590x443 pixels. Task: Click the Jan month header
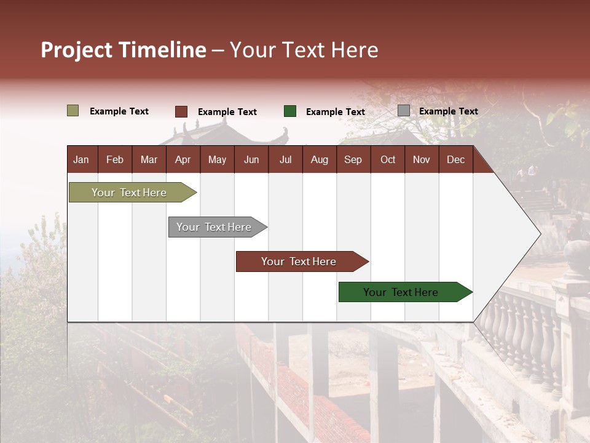tap(81, 159)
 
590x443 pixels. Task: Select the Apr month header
tap(183, 159)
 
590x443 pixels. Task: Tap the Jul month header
tap(285, 159)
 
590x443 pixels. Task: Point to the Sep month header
tap(353, 159)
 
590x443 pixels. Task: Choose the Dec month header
tap(455, 159)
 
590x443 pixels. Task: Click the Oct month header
tap(388, 159)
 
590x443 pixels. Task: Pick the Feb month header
tap(115, 159)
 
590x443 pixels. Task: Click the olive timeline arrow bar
tap(130, 193)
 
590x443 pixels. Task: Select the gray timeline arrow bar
tap(214, 227)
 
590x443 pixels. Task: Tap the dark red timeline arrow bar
tap(299, 261)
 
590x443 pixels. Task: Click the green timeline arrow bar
tap(401, 292)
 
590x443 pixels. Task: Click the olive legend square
tap(73, 111)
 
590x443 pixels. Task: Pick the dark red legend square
tap(181, 111)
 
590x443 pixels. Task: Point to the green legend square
tap(290, 111)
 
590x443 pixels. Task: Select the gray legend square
tap(403, 111)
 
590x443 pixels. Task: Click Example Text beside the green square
tap(335, 112)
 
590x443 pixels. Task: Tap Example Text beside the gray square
tap(448, 111)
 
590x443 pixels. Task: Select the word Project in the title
tap(77, 50)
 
